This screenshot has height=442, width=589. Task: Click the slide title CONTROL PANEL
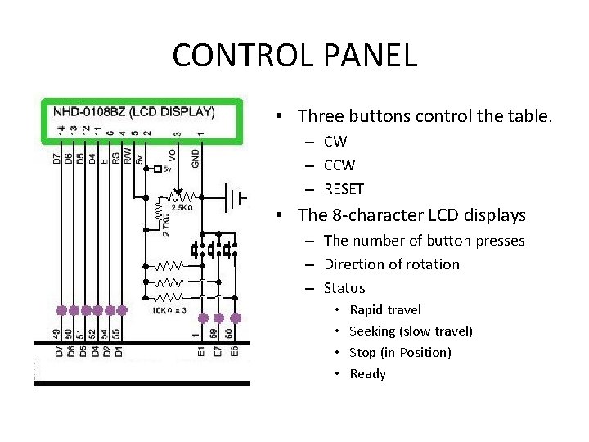[x=294, y=56]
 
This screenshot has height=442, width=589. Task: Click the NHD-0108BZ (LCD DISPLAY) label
[x=133, y=111]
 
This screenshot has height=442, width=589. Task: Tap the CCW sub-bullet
[x=339, y=165]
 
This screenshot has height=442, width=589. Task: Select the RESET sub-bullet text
[x=344, y=189]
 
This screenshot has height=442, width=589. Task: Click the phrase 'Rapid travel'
[x=385, y=309]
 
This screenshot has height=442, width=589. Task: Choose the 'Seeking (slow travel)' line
[x=411, y=331]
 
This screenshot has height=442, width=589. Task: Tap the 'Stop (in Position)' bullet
[x=400, y=352]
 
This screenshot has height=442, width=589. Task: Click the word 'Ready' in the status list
[x=368, y=373]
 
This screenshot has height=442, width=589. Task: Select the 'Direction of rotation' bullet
[x=392, y=264]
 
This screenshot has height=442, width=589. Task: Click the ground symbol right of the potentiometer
[x=236, y=196]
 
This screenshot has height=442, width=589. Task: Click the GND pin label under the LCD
[x=196, y=157]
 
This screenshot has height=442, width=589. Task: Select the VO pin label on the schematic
[x=173, y=156]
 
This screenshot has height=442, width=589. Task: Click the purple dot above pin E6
[x=236, y=318]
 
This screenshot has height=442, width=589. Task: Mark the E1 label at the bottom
[x=200, y=352]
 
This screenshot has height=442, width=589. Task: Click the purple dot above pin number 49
[x=61, y=310]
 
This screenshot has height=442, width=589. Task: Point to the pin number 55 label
[x=121, y=334]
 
